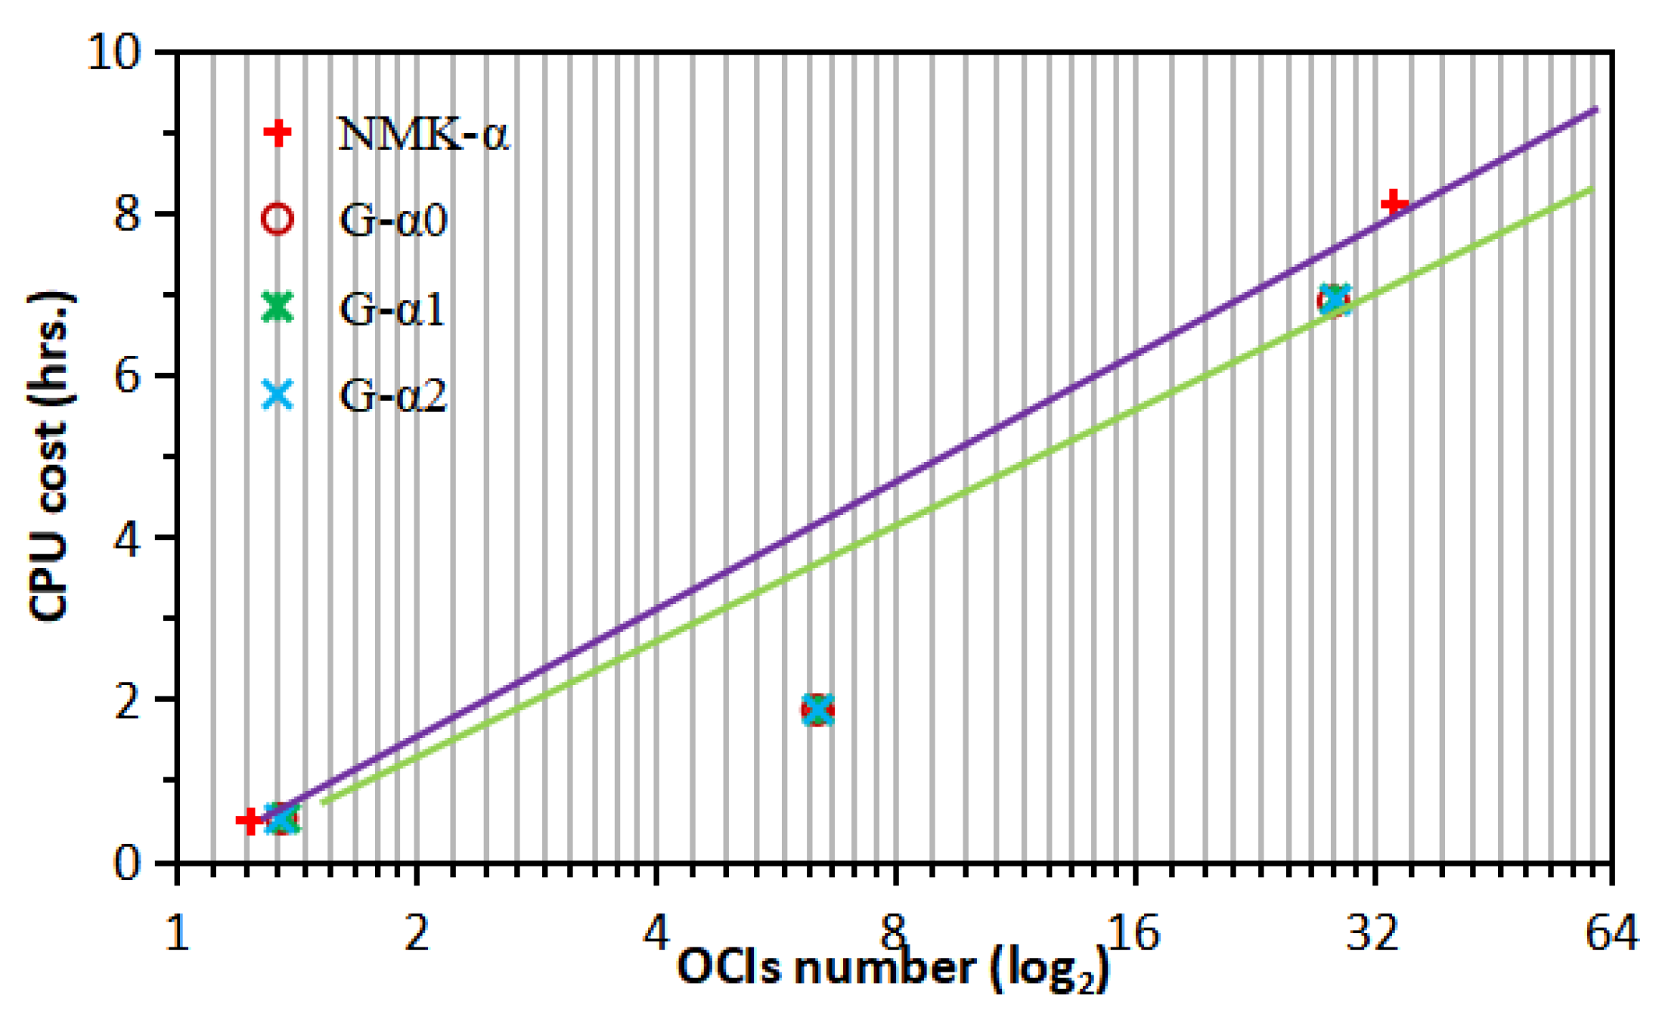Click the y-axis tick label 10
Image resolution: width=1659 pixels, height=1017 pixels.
[x=114, y=53]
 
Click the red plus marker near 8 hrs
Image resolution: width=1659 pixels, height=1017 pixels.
[x=1394, y=204]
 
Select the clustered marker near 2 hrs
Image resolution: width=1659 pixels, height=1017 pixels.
[x=817, y=709]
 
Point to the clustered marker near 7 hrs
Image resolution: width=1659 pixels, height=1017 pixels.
[x=1334, y=300]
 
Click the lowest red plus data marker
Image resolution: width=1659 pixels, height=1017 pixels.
[x=249, y=820]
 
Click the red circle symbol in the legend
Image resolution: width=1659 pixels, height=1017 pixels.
[x=277, y=219]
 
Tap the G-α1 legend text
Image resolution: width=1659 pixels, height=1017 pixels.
[x=392, y=309]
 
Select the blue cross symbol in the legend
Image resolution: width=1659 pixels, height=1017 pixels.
[x=277, y=395]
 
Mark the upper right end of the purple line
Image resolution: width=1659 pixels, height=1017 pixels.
[x=1595, y=110]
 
